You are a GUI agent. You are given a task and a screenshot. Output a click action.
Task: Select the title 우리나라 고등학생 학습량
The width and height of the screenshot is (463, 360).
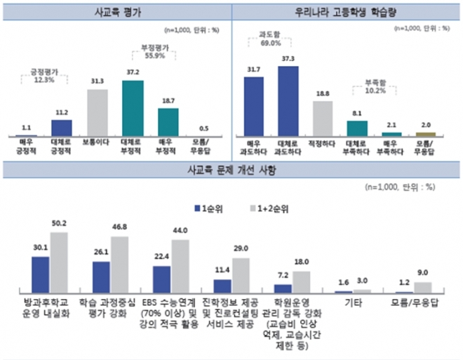click(346, 13)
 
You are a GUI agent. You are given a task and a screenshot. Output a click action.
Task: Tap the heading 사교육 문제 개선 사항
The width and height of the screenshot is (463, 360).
click(231, 171)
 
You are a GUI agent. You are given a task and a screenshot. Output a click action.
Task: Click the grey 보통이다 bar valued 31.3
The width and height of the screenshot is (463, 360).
click(97, 112)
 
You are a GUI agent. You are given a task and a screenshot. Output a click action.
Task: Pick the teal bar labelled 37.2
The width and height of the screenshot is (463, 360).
click(133, 108)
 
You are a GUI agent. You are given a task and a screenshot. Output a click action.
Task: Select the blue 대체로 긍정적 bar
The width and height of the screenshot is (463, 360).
click(62, 127)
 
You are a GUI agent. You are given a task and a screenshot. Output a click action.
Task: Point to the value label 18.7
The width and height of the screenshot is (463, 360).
click(168, 101)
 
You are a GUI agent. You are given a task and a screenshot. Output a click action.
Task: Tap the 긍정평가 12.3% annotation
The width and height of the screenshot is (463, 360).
click(44, 76)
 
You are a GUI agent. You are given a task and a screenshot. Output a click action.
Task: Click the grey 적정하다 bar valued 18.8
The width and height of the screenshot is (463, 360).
click(323, 118)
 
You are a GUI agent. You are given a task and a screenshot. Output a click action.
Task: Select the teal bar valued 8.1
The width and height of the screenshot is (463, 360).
click(358, 128)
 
